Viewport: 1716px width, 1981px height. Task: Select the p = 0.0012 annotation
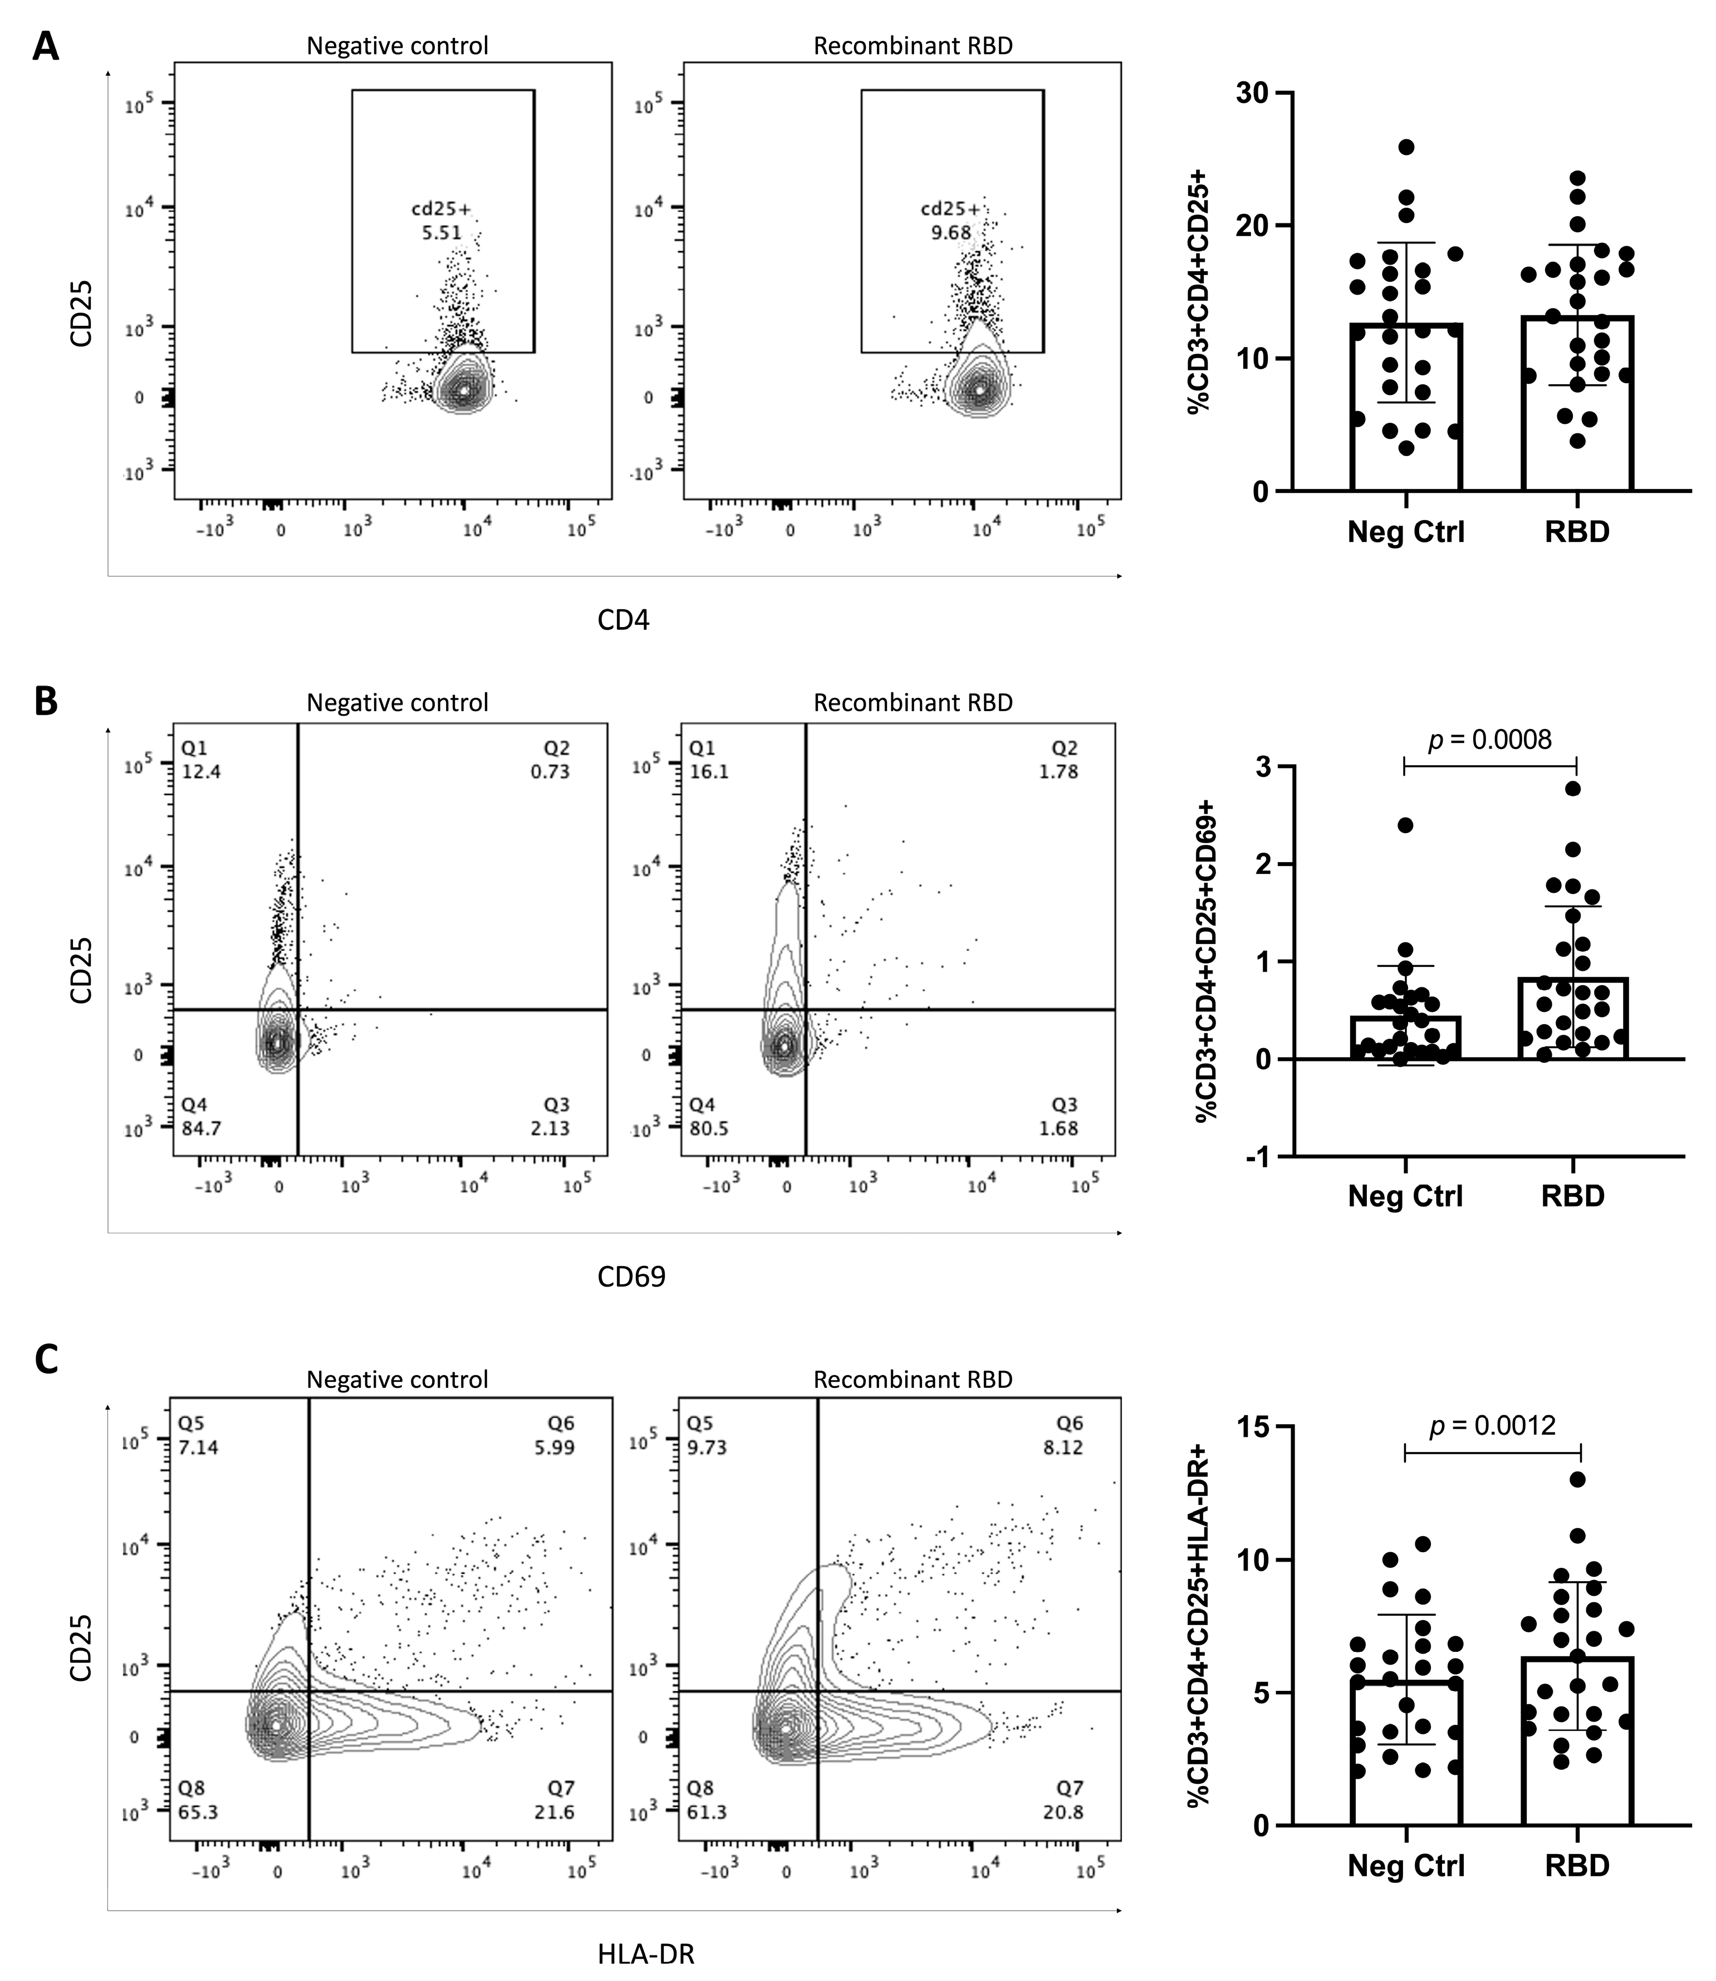pyautogui.click(x=1492, y=1425)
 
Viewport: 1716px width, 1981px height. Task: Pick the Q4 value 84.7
pyautogui.click(x=201, y=1128)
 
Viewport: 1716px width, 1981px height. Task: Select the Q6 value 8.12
pyautogui.click(x=1064, y=1447)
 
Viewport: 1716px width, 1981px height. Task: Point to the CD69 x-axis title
pyautogui.click(x=631, y=1277)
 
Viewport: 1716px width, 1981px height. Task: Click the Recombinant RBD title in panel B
pyautogui.click(x=913, y=702)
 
